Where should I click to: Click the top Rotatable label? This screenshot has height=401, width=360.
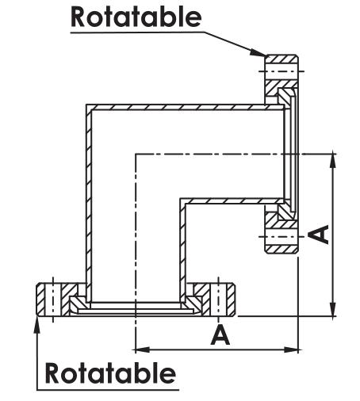[x=136, y=17]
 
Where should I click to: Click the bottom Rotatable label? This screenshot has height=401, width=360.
[x=110, y=372]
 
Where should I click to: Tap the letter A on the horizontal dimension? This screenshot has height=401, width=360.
[x=220, y=335]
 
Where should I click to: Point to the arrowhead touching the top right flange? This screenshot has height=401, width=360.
[x=258, y=52]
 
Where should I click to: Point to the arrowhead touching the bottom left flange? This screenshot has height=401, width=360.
[x=37, y=324]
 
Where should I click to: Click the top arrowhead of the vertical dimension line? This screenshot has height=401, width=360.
[x=334, y=162]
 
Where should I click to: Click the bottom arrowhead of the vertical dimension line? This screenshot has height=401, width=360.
[x=334, y=308]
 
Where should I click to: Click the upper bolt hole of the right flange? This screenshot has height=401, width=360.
[x=281, y=71]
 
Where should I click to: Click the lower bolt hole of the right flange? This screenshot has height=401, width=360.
[x=281, y=236]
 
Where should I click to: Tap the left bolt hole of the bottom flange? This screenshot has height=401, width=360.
[x=53, y=300]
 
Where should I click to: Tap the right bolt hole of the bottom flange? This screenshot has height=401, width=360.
[x=218, y=300]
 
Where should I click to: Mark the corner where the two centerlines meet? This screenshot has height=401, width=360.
[x=136, y=154]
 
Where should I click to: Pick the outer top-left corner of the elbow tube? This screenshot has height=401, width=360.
[x=86, y=105]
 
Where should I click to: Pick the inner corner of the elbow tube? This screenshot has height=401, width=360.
[x=181, y=199]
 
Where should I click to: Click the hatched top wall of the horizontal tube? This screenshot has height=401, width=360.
[x=185, y=107]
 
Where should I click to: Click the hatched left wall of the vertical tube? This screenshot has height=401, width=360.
[x=89, y=204]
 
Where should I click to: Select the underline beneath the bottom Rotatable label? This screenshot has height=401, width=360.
[x=108, y=390]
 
